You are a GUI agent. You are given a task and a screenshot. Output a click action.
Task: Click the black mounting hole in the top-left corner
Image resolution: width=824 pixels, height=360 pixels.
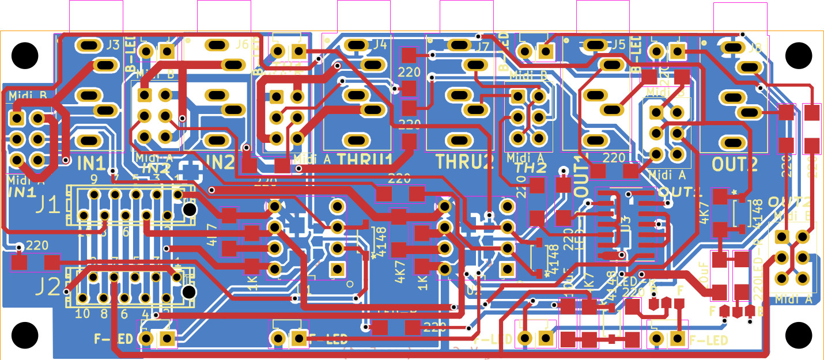click(25, 55)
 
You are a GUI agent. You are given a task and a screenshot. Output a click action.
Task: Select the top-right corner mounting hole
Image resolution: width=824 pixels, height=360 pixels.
click(798, 55)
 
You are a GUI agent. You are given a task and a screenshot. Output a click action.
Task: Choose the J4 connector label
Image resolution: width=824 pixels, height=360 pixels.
click(380, 44)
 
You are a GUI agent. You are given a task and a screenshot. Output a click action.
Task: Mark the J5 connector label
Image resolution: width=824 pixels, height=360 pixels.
click(618, 44)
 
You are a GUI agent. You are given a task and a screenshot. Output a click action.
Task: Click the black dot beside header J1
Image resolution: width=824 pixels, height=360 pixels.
click(189, 210)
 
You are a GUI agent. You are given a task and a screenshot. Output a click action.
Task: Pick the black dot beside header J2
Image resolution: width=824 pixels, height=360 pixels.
click(188, 292)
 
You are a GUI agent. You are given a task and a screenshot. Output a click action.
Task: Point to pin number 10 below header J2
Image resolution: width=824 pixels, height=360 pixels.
click(82, 313)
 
